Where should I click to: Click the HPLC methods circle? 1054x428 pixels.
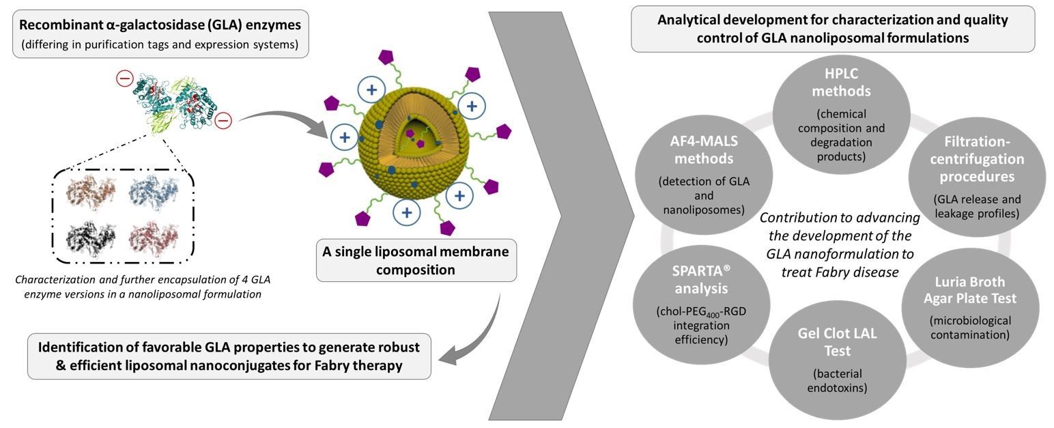tap(841, 115)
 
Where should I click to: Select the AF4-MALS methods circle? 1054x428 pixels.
tap(704, 175)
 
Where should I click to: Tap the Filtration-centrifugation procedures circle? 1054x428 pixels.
tap(977, 177)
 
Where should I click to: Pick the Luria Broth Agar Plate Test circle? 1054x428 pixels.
tap(970, 308)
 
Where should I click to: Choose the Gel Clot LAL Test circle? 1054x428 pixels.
tap(838, 360)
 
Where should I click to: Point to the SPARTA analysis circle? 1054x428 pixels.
tap(702, 304)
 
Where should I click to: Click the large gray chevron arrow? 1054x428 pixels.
tap(560, 216)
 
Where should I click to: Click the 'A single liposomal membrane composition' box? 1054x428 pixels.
tap(416, 261)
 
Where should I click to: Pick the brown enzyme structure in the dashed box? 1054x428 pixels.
tap(91, 192)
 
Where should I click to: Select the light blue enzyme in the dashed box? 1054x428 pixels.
tap(154, 192)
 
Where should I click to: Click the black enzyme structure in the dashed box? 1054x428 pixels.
tap(91, 240)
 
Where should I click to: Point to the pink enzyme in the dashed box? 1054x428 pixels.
tap(154, 240)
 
